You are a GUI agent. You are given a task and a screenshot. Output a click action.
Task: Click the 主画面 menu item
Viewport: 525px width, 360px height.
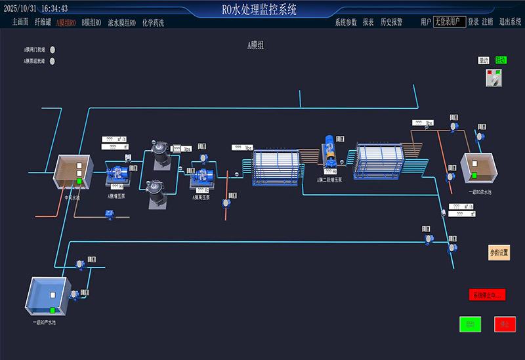(20, 22)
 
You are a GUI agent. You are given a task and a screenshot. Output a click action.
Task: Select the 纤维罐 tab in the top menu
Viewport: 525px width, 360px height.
(43, 22)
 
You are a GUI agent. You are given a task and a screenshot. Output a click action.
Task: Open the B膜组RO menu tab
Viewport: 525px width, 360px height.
(91, 22)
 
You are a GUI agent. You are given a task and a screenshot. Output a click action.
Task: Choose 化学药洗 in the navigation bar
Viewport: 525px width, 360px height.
(153, 22)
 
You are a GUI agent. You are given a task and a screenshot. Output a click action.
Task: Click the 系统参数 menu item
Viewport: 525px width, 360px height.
(346, 22)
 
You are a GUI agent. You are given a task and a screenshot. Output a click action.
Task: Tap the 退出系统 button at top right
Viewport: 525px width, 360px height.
(510, 22)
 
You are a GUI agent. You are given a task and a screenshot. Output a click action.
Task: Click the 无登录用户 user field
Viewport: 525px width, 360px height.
(450, 22)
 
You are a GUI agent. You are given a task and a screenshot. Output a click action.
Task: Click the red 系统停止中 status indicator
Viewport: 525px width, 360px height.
(487, 295)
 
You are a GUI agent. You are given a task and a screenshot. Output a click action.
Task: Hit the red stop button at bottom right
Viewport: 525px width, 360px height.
(505, 324)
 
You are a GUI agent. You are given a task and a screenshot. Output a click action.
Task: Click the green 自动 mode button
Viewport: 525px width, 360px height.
(501, 60)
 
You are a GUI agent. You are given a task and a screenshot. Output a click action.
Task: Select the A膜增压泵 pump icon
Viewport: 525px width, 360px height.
(119, 174)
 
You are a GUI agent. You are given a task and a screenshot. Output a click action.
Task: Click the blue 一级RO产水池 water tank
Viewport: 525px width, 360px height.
(48, 294)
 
